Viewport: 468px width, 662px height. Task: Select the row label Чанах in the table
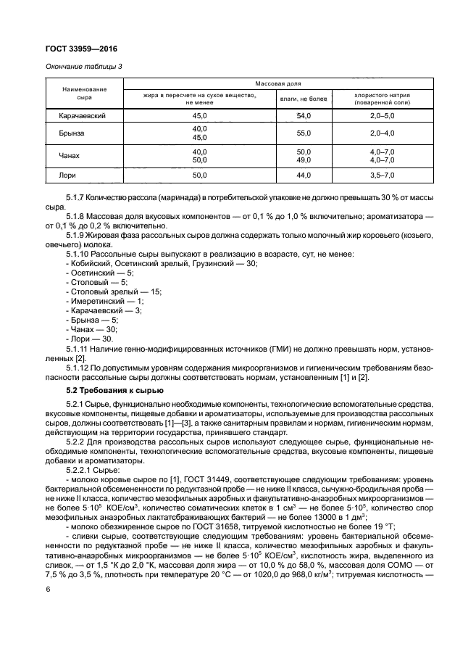tap(64, 155)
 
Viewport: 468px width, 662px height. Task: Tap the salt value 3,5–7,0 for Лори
tap(382, 175)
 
